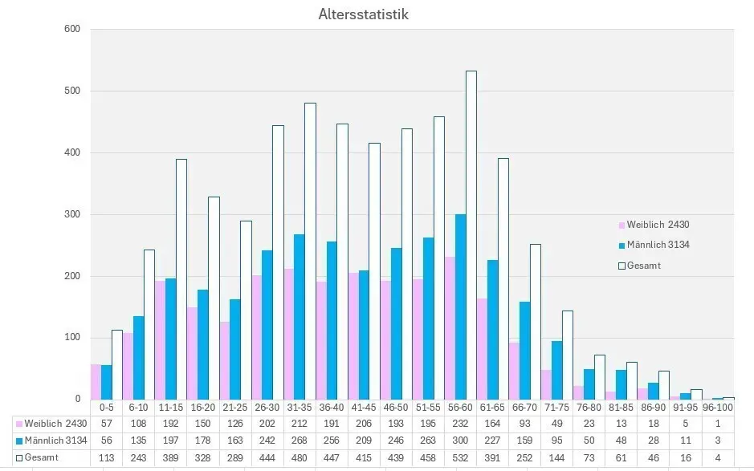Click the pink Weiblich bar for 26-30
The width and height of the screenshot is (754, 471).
point(256,337)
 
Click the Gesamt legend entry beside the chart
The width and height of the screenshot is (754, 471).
point(643,266)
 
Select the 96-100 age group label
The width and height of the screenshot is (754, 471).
point(717,408)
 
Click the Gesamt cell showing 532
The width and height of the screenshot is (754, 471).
point(460,457)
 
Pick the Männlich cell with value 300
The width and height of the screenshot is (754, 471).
point(460,441)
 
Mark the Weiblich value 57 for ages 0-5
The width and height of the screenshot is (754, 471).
point(106,424)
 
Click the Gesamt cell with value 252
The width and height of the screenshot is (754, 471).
point(524,457)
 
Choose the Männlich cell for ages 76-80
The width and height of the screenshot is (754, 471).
point(589,441)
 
